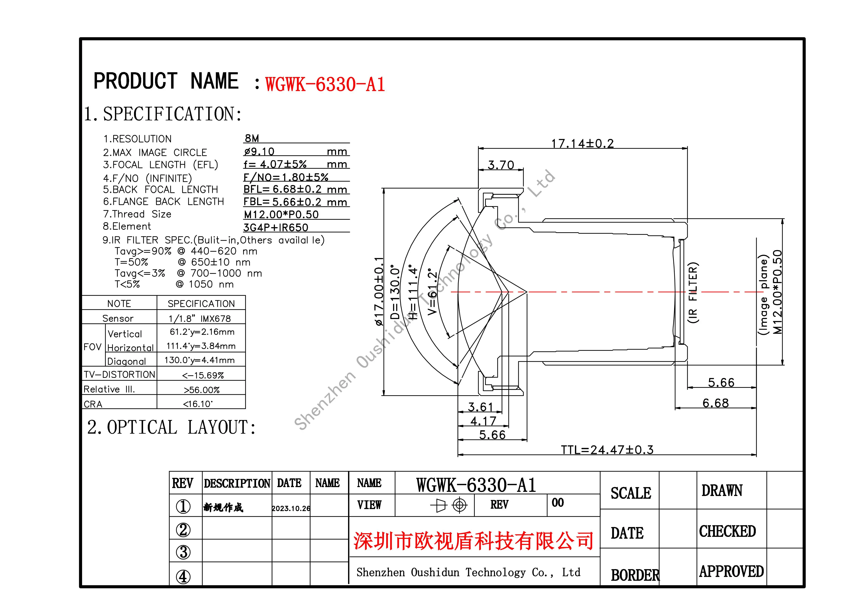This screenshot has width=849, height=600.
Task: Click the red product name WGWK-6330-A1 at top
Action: (x=325, y=84)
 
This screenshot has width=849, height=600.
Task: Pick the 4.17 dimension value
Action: (x=483, y=421)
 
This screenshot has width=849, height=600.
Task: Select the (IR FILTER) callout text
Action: (x=693, y=292)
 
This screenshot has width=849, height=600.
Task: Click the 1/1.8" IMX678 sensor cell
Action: (x=200, y=318)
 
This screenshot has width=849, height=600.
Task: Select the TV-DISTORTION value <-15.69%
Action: (x=203, y=375)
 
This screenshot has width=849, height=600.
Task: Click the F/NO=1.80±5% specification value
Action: (x=285, y=178)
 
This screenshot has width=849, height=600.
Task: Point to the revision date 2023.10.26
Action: (x=291, y=508)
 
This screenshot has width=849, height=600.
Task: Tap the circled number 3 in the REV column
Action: (x=183, y=552)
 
